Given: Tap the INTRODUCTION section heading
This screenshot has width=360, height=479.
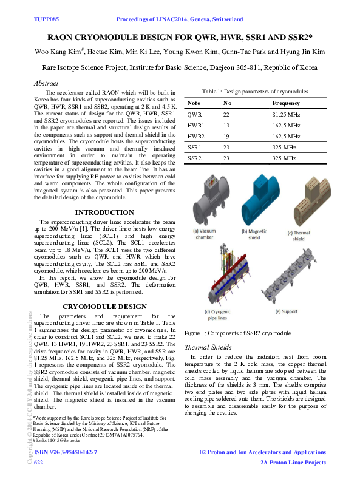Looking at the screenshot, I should [104, 212].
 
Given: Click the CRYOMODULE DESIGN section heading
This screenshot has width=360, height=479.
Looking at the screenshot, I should [104, 307].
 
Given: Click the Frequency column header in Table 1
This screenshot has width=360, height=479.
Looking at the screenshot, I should [286, 103].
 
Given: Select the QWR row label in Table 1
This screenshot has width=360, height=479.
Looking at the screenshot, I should [195, 114].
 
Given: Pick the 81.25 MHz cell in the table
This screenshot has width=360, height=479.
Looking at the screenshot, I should [287, 114].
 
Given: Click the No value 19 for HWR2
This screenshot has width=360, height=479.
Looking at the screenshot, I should [226, 137].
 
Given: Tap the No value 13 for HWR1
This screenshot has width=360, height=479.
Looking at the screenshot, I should [226, 126].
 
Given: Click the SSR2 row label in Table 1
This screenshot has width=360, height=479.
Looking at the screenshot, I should [195, 158].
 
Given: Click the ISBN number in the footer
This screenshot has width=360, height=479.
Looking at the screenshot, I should [66, 453].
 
